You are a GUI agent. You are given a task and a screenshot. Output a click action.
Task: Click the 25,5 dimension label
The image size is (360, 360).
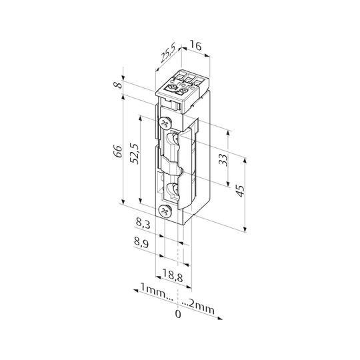(x=168, y=53)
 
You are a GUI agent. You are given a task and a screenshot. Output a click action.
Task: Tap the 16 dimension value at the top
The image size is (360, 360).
(x=196, y=45)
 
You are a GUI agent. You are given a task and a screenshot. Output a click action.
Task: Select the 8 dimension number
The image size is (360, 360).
(x=119, y=85)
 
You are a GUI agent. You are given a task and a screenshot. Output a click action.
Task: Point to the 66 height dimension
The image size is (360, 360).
(x=119, y=151)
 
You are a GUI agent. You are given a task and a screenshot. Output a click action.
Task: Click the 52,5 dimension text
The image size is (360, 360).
(x=134, y=153)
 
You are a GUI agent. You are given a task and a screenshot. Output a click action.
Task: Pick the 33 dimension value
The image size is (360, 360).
(x=223, y=159)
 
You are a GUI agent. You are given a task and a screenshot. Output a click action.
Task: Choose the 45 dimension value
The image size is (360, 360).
(x=240, y=191)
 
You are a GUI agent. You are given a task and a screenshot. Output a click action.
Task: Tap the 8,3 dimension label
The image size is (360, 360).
(x=143, y=223)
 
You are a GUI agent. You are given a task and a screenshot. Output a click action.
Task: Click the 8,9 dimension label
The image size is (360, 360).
(x=141, y=242)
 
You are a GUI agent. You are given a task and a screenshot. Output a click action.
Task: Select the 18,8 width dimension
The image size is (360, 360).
(x=173, y=275)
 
